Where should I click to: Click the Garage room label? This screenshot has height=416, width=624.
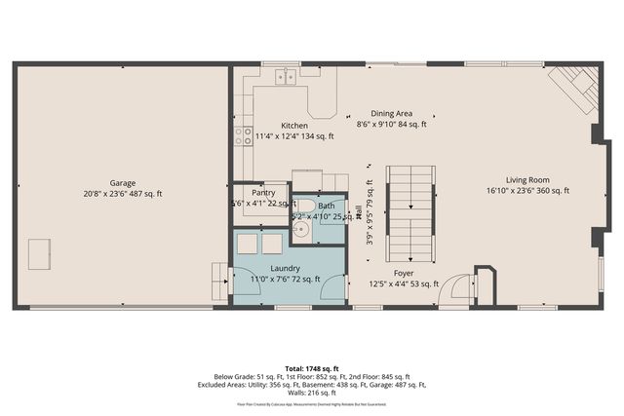tap(123, 182)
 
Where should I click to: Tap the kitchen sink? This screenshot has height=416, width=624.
tap(286, 76)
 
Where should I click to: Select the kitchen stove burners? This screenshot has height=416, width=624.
tap(243, 135)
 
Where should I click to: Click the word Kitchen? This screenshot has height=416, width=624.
tap(294, 126)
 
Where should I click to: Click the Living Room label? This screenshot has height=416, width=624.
tap(527, 179)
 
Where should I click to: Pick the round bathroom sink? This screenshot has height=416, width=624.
tap(301, 230)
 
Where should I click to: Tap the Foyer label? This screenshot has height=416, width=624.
tap(405, 273)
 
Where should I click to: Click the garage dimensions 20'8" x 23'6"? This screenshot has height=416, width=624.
tap(123, 194)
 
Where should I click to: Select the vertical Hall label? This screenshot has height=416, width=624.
tap(359, 210)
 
